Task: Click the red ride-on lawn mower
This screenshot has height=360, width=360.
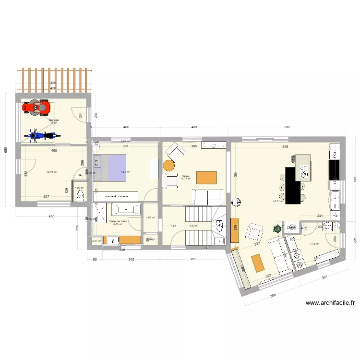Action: (x=36, y=107)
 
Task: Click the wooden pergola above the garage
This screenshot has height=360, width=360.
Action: (x=54, y=79)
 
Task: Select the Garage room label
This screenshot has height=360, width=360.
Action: (x=53, y=120)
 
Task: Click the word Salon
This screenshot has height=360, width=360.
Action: (x=185, y=176)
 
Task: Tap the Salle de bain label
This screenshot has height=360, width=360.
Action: (x=118, y=221)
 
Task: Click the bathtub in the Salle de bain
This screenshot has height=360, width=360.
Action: (x=126, y=210)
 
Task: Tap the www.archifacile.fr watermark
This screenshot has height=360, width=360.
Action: (x=330, y=303)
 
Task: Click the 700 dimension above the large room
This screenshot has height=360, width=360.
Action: (x=287, y=127)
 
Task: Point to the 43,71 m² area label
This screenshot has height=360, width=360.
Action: (x=278, y=202)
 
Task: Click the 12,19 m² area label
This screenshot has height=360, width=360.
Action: (x=51, y=172)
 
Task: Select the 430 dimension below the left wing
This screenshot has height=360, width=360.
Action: (x=51, y=216)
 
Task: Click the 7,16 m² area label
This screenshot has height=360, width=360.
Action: (x=315, y=244)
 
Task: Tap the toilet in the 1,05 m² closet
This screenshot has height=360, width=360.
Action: (x=80, y=196)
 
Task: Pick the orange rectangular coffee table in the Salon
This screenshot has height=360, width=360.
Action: (x=207, y=177)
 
